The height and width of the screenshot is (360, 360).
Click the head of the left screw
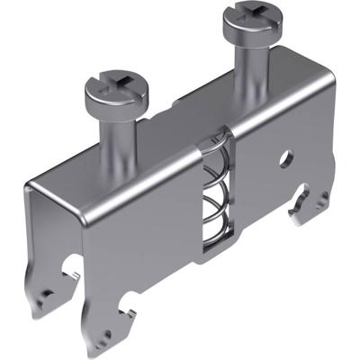[113, 89]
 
